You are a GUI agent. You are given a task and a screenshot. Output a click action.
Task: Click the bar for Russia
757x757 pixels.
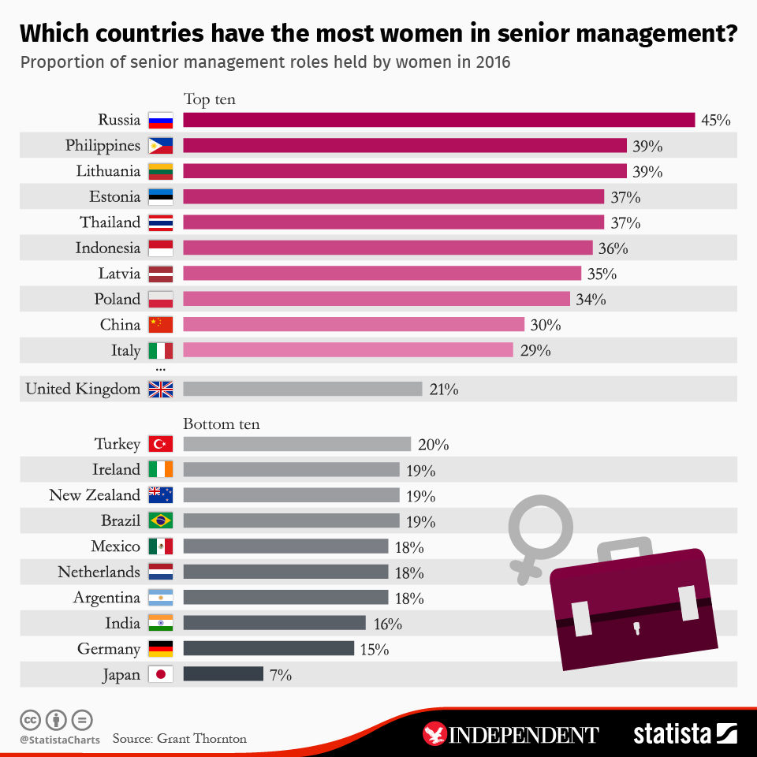point(438,120)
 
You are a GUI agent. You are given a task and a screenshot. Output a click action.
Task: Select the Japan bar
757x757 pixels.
point(223,674)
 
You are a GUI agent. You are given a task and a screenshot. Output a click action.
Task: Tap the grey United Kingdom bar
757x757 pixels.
point(303,389)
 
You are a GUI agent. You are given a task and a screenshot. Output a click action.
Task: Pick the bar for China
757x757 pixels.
point(353,324)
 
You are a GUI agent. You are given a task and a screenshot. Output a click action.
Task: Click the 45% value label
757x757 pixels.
point(715,120)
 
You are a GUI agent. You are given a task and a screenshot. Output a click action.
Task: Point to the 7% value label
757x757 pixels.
point(281,674)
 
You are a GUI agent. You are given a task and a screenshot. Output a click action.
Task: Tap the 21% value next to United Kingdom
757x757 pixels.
point(444,389)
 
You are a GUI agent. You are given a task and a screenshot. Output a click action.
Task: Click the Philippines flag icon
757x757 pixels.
point(161,146)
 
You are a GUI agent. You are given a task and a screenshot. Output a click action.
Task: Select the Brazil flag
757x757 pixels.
point(161,520)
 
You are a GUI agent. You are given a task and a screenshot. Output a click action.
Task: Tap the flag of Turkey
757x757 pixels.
point(161,444)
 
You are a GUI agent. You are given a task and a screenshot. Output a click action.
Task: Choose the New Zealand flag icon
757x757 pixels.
point(161,495)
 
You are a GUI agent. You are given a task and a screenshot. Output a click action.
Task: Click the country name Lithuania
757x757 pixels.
point(108,171)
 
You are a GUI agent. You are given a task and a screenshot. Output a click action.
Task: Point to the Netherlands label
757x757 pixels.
point(99,572)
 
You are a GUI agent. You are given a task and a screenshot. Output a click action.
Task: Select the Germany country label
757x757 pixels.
point(109,649)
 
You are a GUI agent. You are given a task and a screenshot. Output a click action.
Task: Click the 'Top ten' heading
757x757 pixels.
point(209,99)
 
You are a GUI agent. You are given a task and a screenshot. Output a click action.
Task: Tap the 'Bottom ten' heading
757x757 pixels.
point(221,424)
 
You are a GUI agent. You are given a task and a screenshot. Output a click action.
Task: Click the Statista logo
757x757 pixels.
point(685,733)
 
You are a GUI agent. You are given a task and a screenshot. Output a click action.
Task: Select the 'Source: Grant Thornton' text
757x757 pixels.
point(179,739)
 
